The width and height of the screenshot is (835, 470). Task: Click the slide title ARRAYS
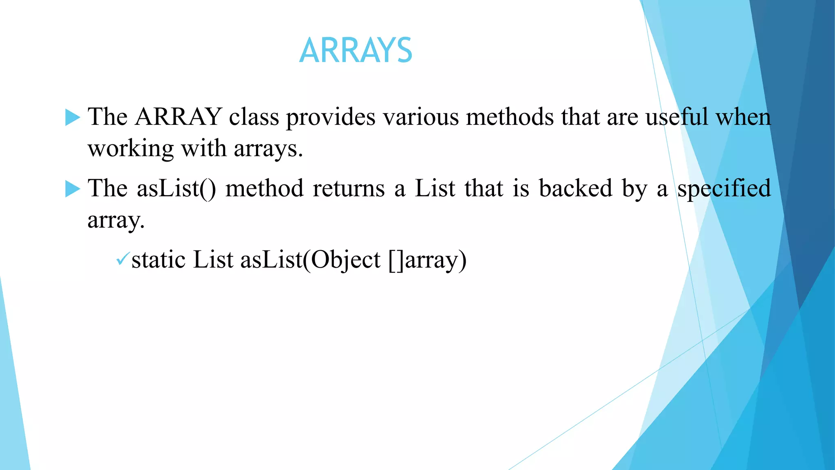pyautogui.click(x=356, y=51)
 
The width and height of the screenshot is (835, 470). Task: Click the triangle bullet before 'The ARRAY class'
pyautogui.click(x=73, y=117)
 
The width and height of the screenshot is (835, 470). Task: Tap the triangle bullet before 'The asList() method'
pyautogui.click(x=73, y=189)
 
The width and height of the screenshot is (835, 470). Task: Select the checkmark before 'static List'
pyautogui.click(x=122, y=259)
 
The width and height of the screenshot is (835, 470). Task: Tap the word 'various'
pyautogui.click(x=420, y=117)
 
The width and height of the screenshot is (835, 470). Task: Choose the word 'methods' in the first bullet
pyautogui.click(x=510, y=117)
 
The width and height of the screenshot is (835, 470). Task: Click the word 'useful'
pyautogui.click(x=677, y=117)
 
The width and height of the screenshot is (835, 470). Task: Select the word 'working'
pyautogui.click(x=130, y=149)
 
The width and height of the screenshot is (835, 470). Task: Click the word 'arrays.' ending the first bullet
pyautogui.click(x=268, y=149)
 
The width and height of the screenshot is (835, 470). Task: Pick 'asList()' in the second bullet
pyautogui.click(x=176, y=189)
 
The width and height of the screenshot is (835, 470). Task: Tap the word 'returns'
pyautogui.click(x=349, y=189)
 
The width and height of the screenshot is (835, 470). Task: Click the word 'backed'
pyautogui.click(x=576, y=189)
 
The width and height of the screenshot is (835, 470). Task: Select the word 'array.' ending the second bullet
pyautogui.click(x=116, y=221)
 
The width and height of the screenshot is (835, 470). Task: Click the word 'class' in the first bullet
pyautogui.click(x=254, y=117)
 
